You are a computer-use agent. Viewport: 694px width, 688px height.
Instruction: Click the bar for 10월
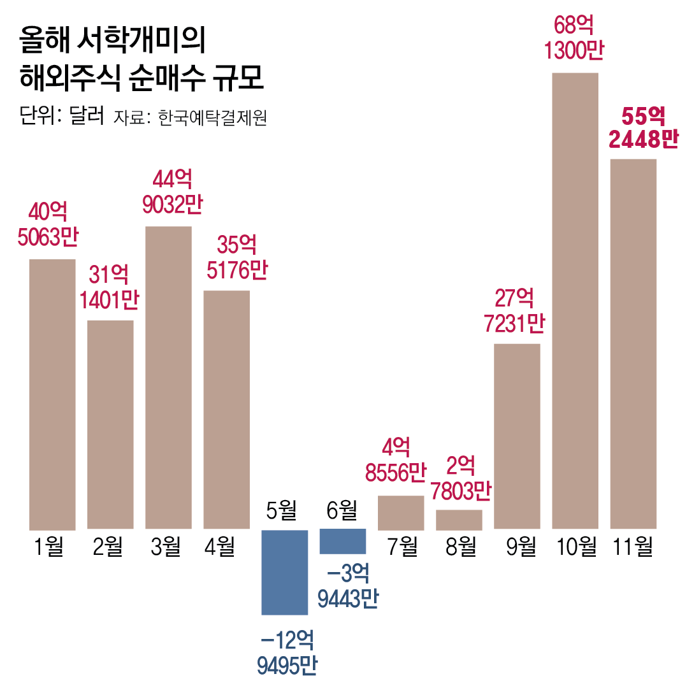(575, 301)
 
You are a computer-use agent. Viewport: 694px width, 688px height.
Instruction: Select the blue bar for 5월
(285, 572)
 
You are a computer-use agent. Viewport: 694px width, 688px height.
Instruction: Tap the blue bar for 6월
(343, 541)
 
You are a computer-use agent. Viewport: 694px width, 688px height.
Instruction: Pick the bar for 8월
(459, 520)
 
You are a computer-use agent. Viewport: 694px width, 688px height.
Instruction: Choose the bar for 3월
(168, 377)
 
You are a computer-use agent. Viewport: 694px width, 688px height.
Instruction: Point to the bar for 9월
(517, 436)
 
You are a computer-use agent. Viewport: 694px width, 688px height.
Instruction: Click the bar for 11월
(633, 344)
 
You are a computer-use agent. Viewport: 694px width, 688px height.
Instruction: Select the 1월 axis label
(50, 547)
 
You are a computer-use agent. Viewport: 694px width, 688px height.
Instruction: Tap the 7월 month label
(401, 547)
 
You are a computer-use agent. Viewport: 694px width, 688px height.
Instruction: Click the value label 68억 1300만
(574, 39)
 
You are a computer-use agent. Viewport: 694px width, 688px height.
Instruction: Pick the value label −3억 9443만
(347, 587)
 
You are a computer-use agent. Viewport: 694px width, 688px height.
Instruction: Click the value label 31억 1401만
(110, 287)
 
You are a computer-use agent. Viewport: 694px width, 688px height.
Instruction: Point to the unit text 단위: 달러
(62, 117)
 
